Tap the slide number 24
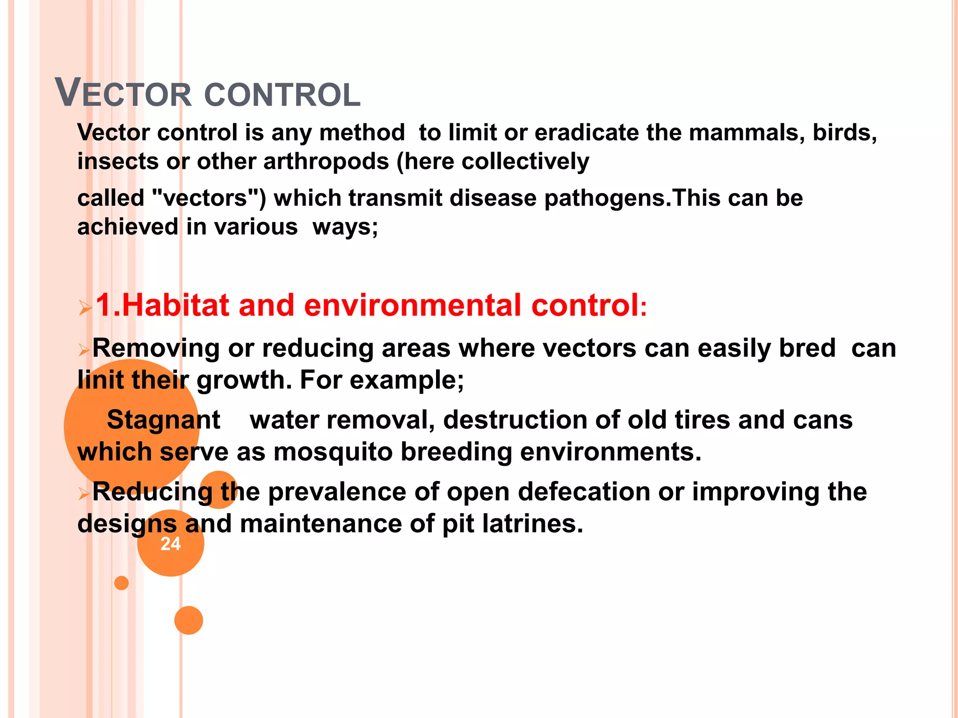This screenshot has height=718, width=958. [x=170, y=544]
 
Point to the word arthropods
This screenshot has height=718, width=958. [x=326, y=162]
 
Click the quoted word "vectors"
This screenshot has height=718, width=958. [x=209, y=198]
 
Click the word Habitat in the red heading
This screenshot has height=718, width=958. [x=175, y=306]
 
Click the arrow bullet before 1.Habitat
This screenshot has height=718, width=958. [x=86, y=308]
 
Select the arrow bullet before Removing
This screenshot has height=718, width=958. [x=84, y=350]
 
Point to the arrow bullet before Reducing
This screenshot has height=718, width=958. [x=84, y=493]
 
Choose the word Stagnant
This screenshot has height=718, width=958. [x=163, y=420]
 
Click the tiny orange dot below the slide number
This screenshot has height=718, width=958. [x=122, y=583]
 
